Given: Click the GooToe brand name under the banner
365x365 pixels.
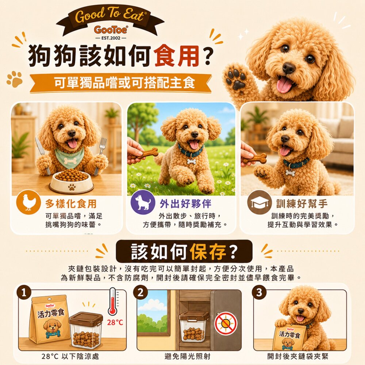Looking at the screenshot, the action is [111, 30].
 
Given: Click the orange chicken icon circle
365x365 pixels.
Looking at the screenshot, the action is [28, 202].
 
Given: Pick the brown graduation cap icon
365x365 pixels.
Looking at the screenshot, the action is [259, 202].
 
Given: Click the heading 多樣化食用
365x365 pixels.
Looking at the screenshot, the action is [71, 204].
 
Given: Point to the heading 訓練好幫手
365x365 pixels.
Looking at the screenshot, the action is [302, 204].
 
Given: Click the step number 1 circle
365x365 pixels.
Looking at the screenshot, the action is [23, 293].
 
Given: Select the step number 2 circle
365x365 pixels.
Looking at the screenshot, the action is [141, 293].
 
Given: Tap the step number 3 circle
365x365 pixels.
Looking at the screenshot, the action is [259, 293].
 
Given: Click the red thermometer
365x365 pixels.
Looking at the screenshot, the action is [113, 302].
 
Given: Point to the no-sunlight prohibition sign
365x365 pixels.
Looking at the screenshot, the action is [226, 323].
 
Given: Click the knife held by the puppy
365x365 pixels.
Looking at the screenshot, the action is [43, 155].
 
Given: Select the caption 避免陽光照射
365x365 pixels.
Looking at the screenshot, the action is [187, 356].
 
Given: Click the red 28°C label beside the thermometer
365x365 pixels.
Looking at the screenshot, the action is [115, 322].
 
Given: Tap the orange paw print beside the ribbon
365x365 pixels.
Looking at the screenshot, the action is [15, 79].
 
